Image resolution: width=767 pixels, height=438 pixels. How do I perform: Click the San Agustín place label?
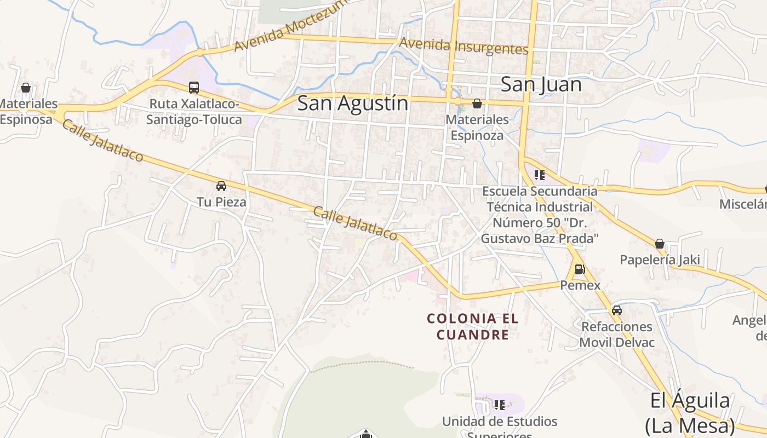353,103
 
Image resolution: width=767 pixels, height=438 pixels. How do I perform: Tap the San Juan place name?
541,85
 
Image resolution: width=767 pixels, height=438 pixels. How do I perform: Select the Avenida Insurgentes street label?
463,47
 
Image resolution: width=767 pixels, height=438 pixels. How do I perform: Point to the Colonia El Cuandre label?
473,326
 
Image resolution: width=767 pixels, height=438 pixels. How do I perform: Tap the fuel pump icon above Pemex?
579,269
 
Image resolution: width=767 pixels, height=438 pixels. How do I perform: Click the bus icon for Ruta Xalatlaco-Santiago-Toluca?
194,87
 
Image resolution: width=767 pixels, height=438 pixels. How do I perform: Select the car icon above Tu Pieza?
221,186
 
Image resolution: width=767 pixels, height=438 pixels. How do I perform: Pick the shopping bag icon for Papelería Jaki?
660,244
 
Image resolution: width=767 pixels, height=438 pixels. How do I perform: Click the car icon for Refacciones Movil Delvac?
617,310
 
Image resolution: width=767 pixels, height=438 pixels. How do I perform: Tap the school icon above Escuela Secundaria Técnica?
540,175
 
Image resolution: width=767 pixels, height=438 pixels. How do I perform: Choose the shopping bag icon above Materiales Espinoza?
477,103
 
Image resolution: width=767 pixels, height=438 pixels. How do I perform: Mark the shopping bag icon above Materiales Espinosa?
25,88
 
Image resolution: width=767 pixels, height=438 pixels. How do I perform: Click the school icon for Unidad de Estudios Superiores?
499,405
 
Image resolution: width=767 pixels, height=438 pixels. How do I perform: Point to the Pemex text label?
580,285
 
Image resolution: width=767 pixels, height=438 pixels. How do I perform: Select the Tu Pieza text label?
221,202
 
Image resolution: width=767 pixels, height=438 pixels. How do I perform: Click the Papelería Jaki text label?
660,260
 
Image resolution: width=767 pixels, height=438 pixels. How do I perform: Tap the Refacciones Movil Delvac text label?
617,335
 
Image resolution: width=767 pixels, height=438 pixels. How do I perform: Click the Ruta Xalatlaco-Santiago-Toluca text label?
194,112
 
